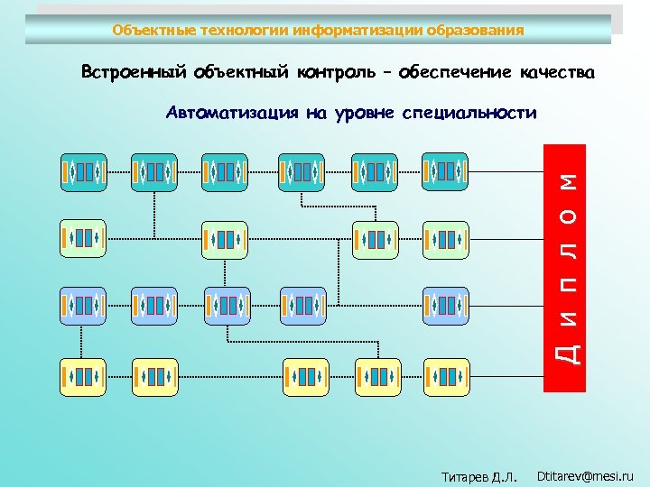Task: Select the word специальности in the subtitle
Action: (x=470, y=114)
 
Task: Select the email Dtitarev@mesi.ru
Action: (x=585, y=474)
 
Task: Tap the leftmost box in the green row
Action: (x=84, y=239)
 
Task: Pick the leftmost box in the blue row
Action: (x=84, y=306)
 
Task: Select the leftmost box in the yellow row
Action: (x=84, y=375)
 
